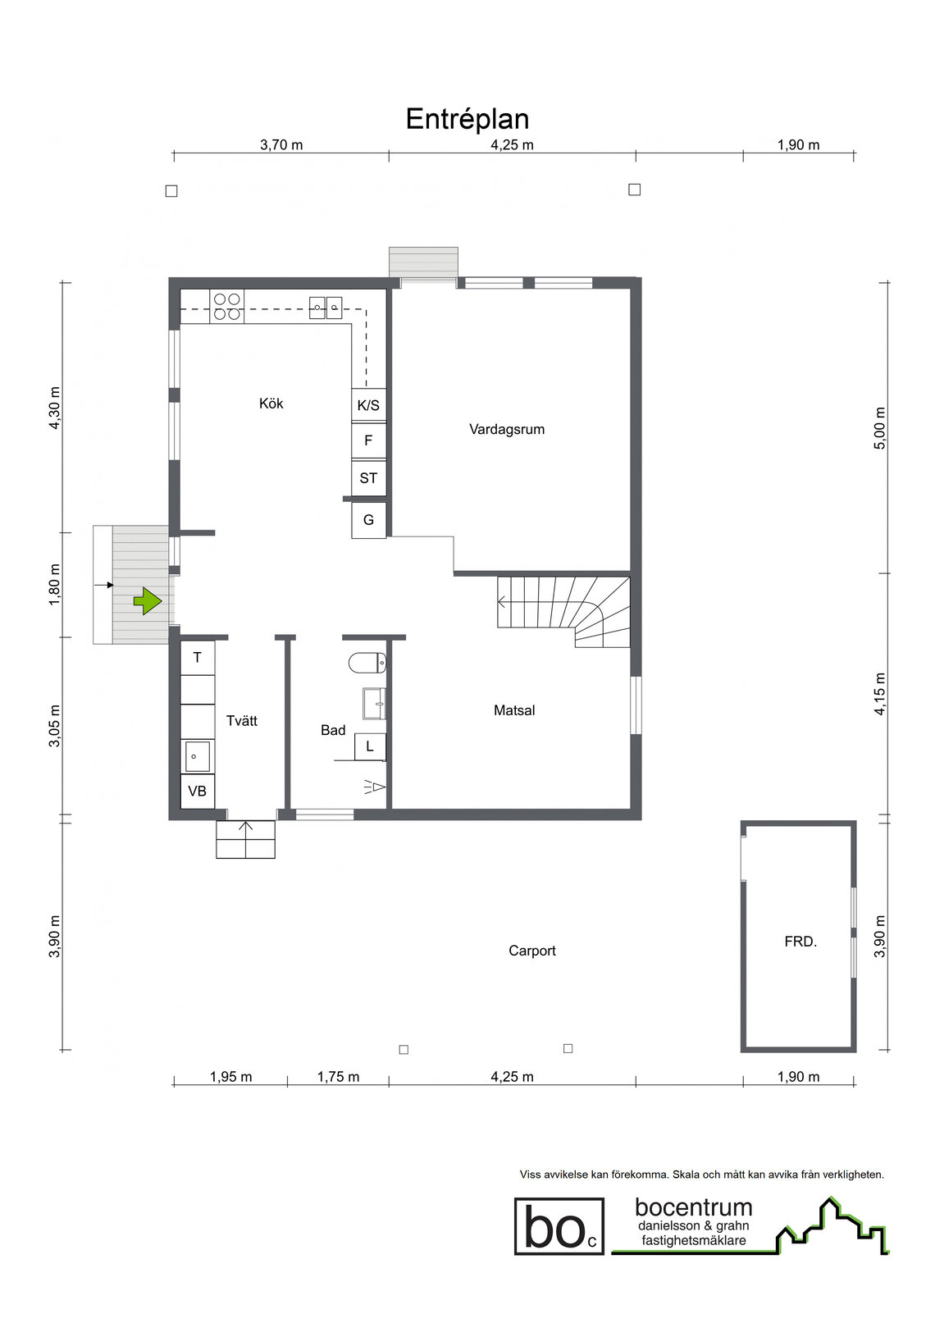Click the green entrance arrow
pyautogui.click(x=148, y=602)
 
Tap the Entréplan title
pyautogui.click(x=467, y=119)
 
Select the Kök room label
pyautogui.click(x=271, y=404)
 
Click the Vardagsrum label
pyautogui.click(x=507, y=430)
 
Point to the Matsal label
pyautogui.click(x=514, y=710)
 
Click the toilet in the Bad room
pyautogui.click(x=367, y=663)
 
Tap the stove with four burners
pyautogui.click(x=227, y=307)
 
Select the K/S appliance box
pyautogui.click(x=368, y=405)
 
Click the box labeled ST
pyautogui.click(x=368, y=478)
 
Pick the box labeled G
pyautogui.click(x=368, y=520)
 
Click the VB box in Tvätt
pyautogui.click(x=198, y=792)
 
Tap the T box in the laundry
pyautogui.click(x=198, y=657)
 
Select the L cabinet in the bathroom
pyautogui.click(x=370, y=746)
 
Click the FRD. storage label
pyautogui.click(x=800, y=942)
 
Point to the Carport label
pyautogui.click(x=532, y=951)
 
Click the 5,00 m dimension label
pyautogui.click(x=880, y=428)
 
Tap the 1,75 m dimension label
pyautogui.click(x=339, y=1077)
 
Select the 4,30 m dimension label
pyautogui.click(x=54, y=408)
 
